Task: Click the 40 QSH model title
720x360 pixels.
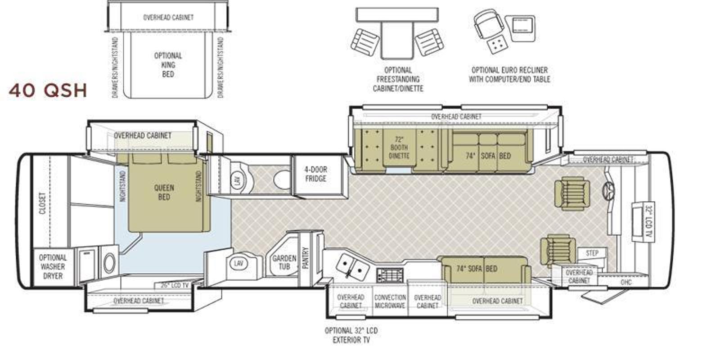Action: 48,90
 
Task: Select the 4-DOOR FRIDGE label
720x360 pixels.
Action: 315,174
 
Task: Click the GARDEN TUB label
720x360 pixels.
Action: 284,262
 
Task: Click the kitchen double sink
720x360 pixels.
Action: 352,266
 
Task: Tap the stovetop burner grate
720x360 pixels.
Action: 390,275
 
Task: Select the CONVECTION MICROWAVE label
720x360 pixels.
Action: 390,301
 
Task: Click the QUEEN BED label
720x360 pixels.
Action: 164,192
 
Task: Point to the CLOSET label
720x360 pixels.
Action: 42,203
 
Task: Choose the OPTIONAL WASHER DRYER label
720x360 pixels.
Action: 53,267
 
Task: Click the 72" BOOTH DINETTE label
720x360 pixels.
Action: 399,148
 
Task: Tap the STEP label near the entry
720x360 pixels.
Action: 592,253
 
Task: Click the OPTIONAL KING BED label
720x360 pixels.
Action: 168,65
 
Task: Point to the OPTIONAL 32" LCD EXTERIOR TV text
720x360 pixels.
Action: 351,335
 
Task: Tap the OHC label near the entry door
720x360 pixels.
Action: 626,283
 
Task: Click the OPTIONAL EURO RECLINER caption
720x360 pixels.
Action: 509,70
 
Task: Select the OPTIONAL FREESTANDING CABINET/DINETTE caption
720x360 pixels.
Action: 398,79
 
